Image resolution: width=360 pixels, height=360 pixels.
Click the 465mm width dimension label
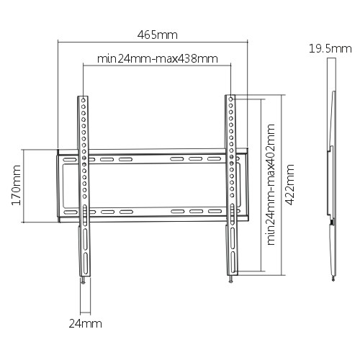(158, 34)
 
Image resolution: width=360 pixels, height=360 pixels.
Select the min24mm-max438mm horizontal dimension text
(158, 58)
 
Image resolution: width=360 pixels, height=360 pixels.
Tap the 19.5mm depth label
(325, 48)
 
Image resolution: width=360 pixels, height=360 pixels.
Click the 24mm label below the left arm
(85, 324)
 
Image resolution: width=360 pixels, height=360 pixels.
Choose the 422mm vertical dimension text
(290, 185)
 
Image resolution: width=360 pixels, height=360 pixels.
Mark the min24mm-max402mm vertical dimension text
(271, 185)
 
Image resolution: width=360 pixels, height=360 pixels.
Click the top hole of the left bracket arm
(84, 100)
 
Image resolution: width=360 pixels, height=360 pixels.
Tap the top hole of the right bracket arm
(230, 100)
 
